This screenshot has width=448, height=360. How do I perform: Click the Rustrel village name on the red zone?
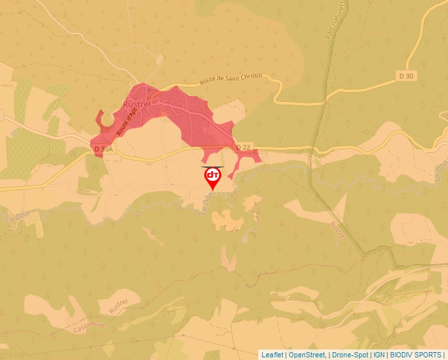(x=138, y=103)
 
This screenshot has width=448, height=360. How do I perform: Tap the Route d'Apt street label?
(x=127, y=121)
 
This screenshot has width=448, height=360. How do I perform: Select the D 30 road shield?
(x=406, y=76)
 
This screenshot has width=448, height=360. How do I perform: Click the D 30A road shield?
(x=104, y=149)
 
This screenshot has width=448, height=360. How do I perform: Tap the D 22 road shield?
(x=243, y=147)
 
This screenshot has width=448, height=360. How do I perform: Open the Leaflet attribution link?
(x=273, y=355)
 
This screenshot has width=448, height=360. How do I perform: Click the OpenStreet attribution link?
(x=306, y=355)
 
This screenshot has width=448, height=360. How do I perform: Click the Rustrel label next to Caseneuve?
(x=118, y=305)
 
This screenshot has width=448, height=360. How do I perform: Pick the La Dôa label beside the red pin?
(x=205, y=205)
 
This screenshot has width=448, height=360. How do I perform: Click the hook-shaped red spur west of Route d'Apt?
(x=100, y=118)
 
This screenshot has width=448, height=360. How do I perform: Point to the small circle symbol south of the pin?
(x=244, y=240)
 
